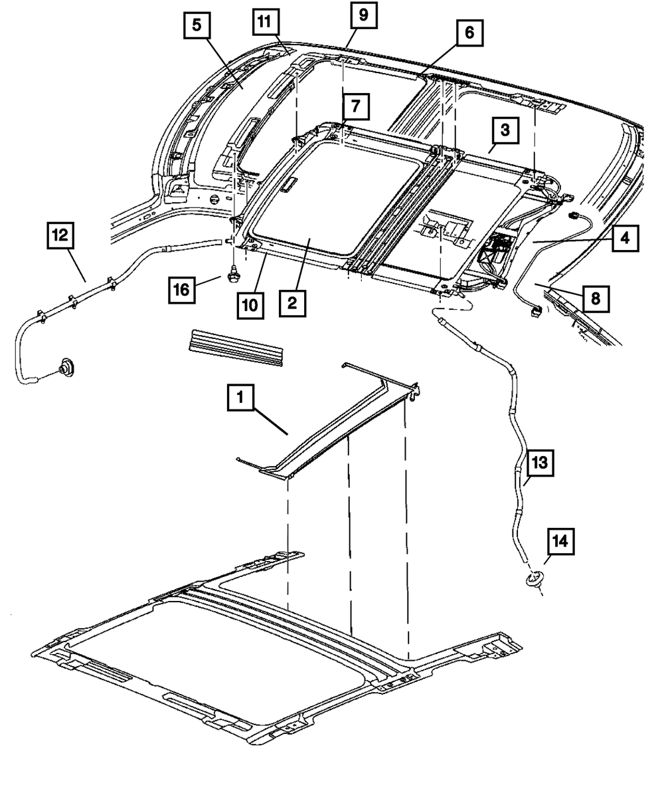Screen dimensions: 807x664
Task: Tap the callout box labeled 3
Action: point(505,131)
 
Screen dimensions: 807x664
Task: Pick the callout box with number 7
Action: point(355,106)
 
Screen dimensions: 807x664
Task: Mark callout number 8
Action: point(594,298)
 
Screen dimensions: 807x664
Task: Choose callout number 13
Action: point(539,463)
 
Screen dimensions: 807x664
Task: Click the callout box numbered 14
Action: point(560,542)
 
